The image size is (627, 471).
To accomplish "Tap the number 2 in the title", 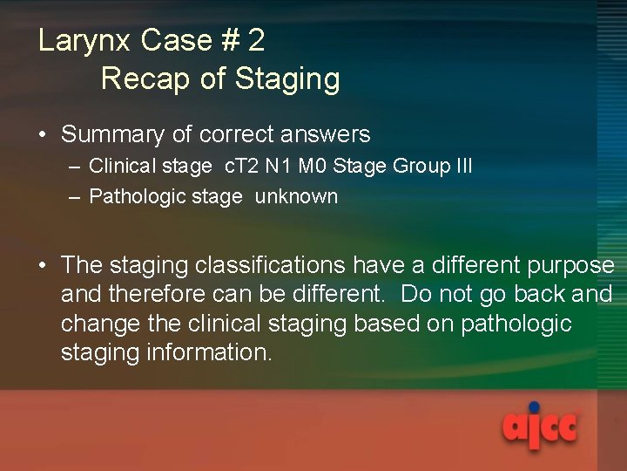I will pyautogui.click(x=255, y=41).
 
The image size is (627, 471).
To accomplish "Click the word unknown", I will pyautogui.click(x=296, y=197).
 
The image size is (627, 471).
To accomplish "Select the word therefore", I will pyautogui.click(x=162, y=295).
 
